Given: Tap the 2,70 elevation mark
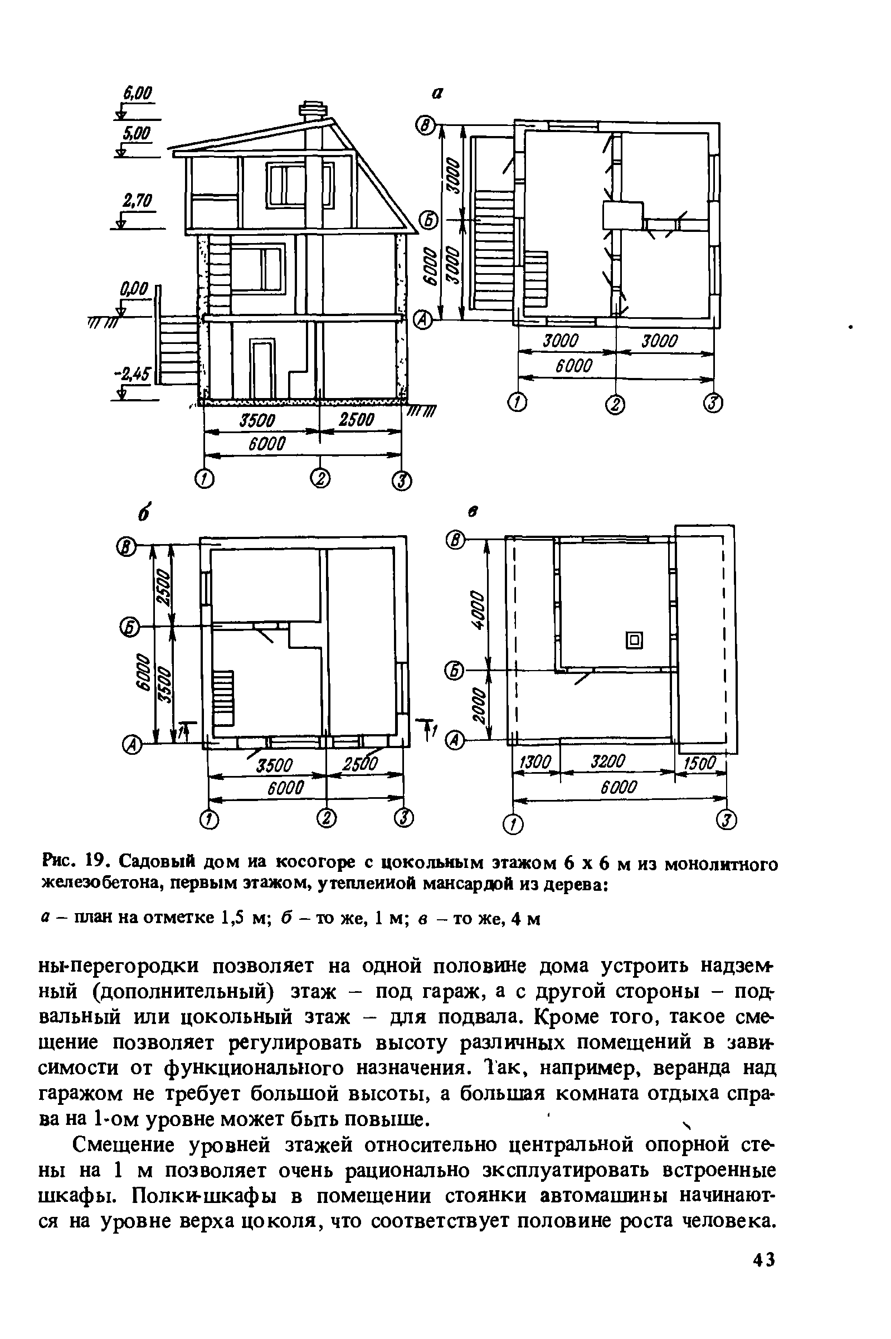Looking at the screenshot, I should [x=138, y=201].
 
